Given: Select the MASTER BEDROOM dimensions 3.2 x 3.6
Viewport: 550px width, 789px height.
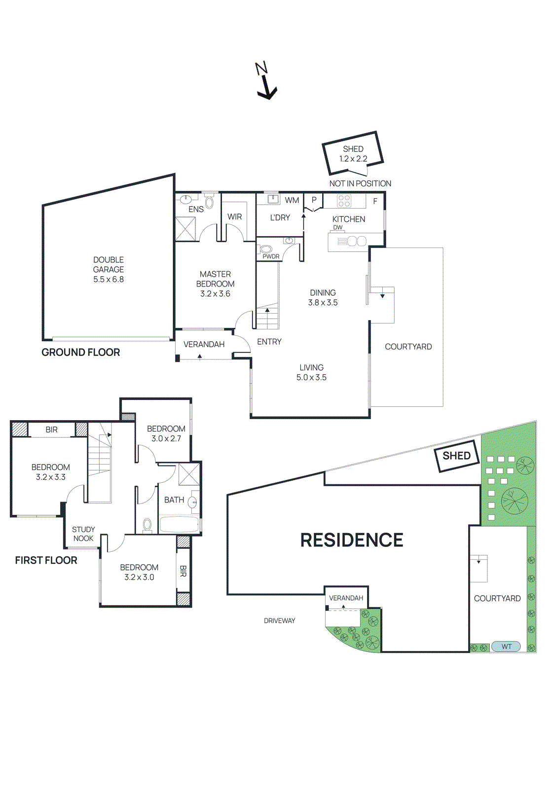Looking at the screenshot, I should point(215,294).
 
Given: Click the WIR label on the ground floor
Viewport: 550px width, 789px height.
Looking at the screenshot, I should point(235,217).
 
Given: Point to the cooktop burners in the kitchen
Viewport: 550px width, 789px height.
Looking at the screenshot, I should point(344,201).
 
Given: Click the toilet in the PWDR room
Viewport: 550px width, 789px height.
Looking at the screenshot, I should point(266,249).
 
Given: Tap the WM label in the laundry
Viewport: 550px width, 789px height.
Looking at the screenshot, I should point(292,200).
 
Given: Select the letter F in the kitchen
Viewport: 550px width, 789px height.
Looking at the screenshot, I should point(375,201).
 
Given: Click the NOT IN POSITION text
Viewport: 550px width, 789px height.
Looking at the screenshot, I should point(360,183).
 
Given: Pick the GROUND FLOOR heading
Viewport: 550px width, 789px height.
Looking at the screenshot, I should point(81,353).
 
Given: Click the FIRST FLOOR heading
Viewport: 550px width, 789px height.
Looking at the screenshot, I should point(46,561).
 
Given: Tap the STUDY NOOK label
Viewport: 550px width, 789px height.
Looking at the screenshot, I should point(83,534).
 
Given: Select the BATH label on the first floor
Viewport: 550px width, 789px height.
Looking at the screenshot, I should point(174,500).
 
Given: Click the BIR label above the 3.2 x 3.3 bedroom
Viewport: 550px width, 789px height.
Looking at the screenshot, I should point(52,430).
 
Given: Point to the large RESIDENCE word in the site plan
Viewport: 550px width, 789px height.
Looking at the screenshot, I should point(352,540).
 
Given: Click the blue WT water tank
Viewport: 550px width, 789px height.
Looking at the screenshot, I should point(507,646).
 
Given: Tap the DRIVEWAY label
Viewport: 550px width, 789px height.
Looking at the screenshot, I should point(279,621).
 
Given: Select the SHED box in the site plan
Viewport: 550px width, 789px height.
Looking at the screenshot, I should point(456,456).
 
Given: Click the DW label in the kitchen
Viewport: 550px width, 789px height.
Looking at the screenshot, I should point(338,228).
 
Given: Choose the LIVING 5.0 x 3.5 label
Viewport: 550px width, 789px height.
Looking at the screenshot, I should point(311,373).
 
